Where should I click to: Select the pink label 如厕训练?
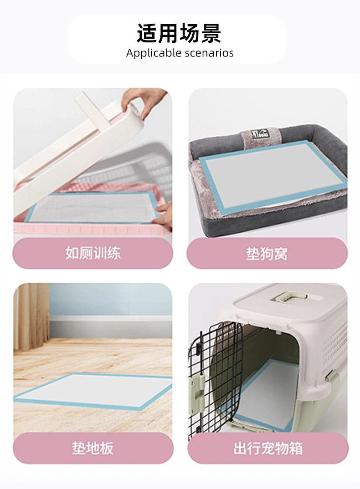tap(93, 253)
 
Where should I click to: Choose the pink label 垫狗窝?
tap(267, 254)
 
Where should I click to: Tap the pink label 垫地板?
tap(93, 448)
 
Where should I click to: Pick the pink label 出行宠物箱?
tap(268, 448)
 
